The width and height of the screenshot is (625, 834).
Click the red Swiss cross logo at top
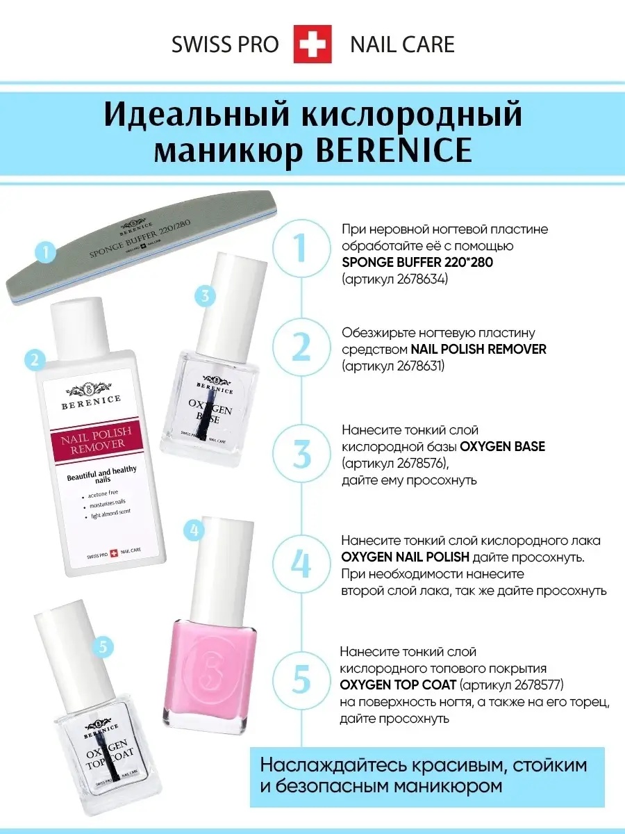click(312, 44)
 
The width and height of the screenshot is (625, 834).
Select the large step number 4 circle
click(301, 565)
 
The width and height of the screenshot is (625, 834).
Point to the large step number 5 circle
click(301, 678)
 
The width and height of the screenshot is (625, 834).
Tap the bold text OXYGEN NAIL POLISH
click(405, 558)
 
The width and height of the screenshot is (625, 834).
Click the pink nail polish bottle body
click(209, 670)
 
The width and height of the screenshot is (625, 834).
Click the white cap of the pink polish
click(209, 556)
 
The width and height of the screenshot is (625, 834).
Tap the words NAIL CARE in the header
click(402, 44)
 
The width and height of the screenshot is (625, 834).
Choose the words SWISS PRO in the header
click(225, 44)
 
